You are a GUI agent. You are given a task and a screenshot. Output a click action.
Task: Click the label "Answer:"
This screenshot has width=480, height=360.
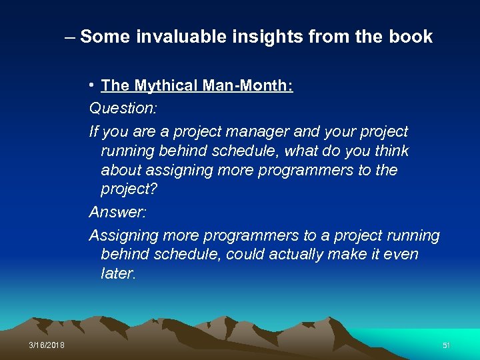[x=117, y=213]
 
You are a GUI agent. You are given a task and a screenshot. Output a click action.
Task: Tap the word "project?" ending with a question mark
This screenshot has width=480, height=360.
[x=129, y=189]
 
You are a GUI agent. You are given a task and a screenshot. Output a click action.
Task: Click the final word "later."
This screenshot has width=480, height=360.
[x=118, y=273]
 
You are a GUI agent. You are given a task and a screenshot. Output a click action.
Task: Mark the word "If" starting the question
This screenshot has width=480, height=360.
[x=94, y=132]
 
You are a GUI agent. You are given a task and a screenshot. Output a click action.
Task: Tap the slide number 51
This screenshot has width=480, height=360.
[x=447, y=345]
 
